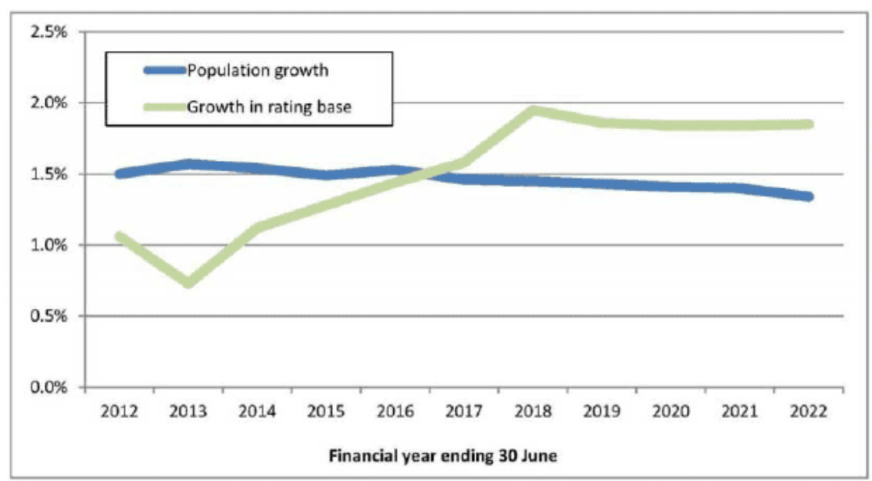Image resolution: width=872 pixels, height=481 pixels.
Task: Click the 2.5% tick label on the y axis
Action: [49, 31]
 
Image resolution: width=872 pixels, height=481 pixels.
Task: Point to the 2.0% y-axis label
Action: [49, 103]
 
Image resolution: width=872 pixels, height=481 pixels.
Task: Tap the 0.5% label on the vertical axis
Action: [49, 316]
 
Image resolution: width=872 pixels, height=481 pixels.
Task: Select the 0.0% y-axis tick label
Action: [49, 387]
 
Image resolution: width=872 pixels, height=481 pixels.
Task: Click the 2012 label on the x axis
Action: [119, 411]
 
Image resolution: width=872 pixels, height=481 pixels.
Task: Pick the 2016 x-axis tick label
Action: [395, 411]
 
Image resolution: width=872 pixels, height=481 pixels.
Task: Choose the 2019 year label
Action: [602, 411]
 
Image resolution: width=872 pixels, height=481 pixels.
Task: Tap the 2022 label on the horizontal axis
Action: [809, 411]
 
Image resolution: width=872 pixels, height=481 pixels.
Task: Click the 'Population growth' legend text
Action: [257, 71]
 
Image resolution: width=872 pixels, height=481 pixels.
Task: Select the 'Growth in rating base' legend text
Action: [269, 106]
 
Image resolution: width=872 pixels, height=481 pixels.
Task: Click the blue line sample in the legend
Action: [164, 71]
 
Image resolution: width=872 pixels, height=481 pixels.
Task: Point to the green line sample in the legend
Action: [164, 106]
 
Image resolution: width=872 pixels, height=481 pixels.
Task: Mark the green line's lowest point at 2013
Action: [188, 283]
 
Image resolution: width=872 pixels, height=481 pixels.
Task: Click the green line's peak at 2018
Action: [533, 110]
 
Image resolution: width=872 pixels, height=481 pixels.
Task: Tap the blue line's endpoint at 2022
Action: [809, 197]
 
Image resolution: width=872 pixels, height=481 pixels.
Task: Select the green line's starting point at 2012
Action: [119, 237]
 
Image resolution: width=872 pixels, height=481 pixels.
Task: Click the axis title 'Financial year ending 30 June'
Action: [443, 456]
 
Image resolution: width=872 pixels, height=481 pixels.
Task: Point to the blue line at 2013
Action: [188, 164]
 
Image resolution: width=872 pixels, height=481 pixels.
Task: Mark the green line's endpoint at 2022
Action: [809, 124]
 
